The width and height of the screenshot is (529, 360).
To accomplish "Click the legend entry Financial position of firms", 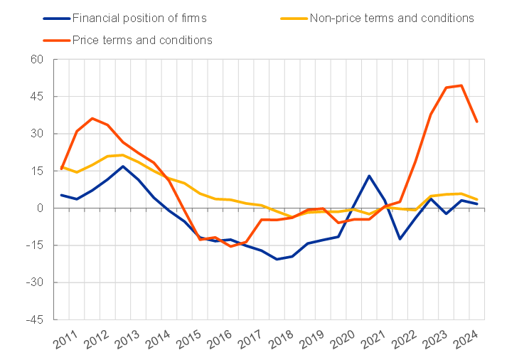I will point(139,18).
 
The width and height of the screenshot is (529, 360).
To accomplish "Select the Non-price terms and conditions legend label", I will point(392,18).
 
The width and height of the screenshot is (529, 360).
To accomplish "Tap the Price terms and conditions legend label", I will point(142,40).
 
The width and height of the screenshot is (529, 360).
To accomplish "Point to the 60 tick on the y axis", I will point(37,59).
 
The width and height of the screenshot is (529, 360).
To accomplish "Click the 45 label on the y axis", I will point(37,96).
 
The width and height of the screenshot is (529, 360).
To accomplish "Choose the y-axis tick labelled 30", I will point(37,134).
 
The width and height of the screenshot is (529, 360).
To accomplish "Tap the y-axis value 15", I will point(37,171).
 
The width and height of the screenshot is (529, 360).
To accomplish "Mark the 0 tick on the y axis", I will point(41,208).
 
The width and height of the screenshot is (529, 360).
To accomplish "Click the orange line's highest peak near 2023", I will point(462,85).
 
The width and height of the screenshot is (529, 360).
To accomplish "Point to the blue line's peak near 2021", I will point(369,175).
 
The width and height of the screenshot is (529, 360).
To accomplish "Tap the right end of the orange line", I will point(477,122).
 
